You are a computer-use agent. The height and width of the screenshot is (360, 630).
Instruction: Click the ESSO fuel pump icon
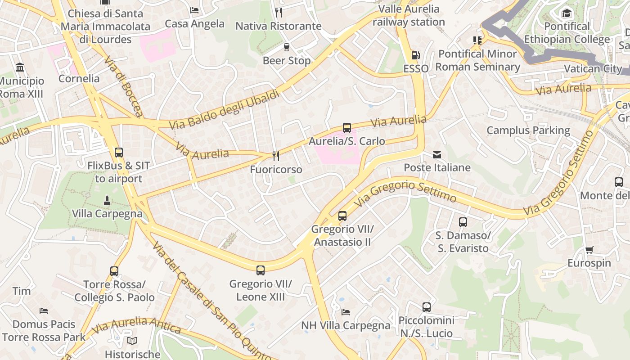pyautogui.click(x=416, y=55)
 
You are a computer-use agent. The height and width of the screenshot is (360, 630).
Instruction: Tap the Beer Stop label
pyautogui.click(x=287, y=60)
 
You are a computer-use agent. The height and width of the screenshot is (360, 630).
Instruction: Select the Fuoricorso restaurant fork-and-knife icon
pyautogui.click(x=276, y=156)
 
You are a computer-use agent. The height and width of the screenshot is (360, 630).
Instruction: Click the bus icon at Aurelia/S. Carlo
pyautogui.click(x=347, y=128)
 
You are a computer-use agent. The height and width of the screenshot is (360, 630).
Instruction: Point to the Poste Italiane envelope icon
pyautogui.click(x=437, y=155)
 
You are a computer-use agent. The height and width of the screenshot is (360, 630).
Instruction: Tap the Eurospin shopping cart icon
pyautogui.click(x=589, y=250)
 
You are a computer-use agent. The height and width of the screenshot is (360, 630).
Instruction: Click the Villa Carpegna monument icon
pyautogui.click(x=107, y=200)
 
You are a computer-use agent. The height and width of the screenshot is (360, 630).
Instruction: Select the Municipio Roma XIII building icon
pyautogui.click(x=20, y=68)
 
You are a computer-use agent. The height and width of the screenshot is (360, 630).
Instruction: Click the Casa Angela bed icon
pyautogui.click(x=194, y=10)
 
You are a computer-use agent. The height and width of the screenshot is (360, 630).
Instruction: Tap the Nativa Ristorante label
pyautogui.click(x=279, y=26)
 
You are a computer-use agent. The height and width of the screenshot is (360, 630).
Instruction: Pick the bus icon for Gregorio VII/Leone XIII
pyautogui.click(x=261, y=270)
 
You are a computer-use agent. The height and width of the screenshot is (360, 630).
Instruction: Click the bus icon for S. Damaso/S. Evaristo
pyautogui.click(x=463, y=222)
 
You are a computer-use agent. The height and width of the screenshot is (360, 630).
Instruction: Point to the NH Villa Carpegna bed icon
pyautogui.click(x=346, y=312)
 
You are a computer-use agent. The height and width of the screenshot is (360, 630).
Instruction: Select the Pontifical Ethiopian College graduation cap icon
pyautogui.click(x=567, y=13)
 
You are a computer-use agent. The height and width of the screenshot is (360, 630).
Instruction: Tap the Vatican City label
pyautogui.click(x=593, y=69)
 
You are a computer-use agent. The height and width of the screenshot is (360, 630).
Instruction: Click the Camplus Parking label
pyautogui.click(x=528, y=130)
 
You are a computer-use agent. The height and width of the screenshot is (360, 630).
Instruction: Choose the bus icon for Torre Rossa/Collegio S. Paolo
pyautogui.click(x=114, y=271)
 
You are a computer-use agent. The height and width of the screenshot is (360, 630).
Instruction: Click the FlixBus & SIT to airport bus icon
pyautogui.click(x=119, y=153)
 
